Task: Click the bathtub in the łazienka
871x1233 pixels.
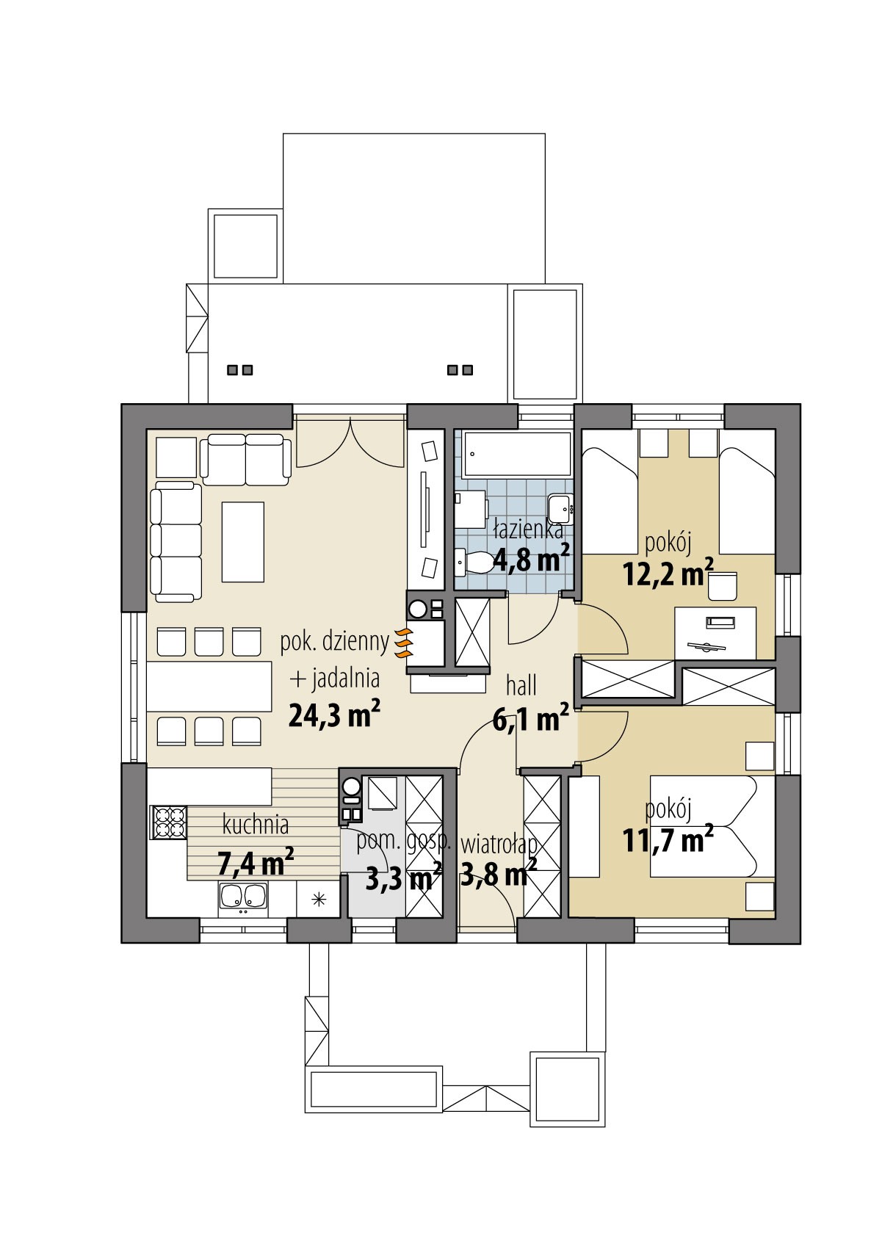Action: (519, 454)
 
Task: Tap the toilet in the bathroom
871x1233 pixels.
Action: (477, 563)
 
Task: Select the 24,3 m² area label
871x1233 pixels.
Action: (334, 714)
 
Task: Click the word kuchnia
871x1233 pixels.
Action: (256, 825)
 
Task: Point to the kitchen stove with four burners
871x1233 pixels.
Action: (167, 822)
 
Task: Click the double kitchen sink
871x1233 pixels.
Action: (242, 897)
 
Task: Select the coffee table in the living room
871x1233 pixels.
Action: (242, 541)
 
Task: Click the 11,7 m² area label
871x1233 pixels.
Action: (668, 839)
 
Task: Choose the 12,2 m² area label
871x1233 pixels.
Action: (668, 573)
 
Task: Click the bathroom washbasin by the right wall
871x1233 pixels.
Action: (560, 505)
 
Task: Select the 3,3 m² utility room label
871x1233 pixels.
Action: (402, 878)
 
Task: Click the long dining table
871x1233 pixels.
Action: (209, 686)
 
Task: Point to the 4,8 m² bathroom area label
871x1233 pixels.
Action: (530, 560)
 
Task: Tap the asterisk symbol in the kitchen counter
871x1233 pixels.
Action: (319, 899)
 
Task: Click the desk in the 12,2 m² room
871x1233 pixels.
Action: (715, 632)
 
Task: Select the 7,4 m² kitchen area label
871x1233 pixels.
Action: (255, 862)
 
